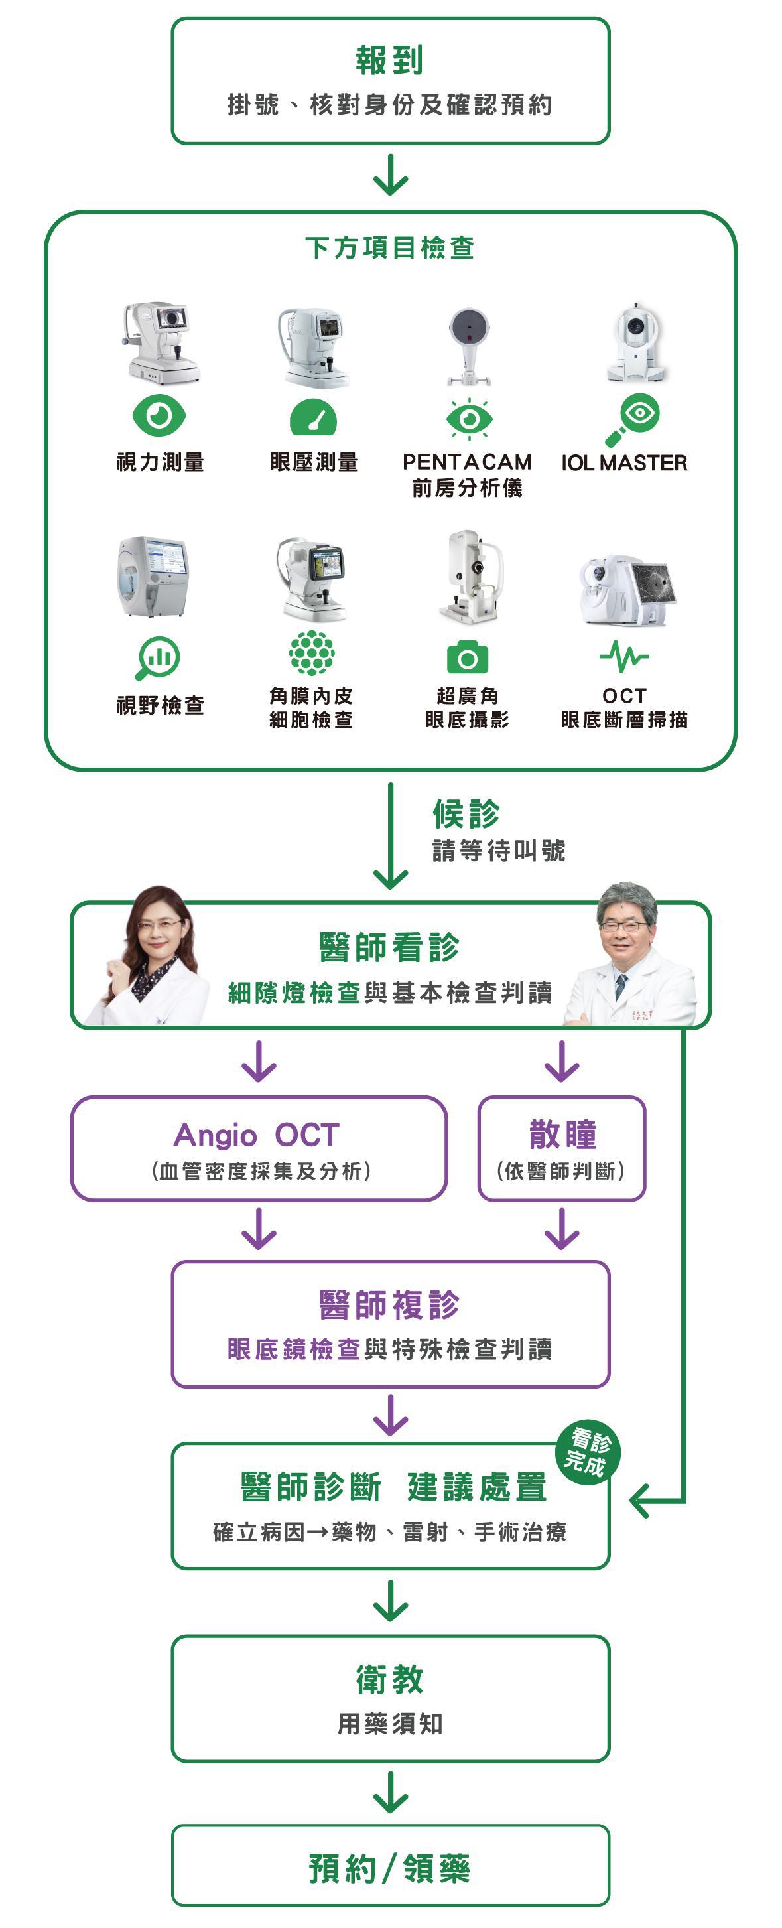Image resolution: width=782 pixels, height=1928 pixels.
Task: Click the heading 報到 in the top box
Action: pyautogui.click(x=390, y=60)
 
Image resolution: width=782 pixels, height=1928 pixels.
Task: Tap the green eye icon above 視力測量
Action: pyautogui.click(x=159, y=415)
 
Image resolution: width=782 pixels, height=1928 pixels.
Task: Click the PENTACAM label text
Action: pyautogui.click(x=467, y=462)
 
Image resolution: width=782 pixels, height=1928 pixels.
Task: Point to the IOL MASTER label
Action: pyautogui.click(x=624, y=463)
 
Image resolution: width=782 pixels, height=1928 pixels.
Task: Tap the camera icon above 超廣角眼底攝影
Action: pyautogui.click(x=467, y=658)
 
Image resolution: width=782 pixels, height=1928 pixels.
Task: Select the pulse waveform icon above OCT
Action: pyautogui.click(x=623, y=656)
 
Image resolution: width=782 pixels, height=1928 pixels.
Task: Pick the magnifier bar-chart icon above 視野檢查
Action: pyautogui.click(x=158, y=657)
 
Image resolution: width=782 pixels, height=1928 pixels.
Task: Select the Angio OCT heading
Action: pyautogui.click(x=257, y=1135)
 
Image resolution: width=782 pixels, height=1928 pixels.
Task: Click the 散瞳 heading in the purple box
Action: pyautogui.click(x=562, y=1134)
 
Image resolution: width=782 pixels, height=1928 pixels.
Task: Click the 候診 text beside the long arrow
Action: pyautogui.click(x=466, y=813)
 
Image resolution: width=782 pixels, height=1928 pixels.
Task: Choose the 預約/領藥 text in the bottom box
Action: pyautogui.click(x=390, y=1868)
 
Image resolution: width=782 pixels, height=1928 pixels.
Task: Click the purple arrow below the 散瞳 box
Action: pyautogui.click(x=562, y=1229)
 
